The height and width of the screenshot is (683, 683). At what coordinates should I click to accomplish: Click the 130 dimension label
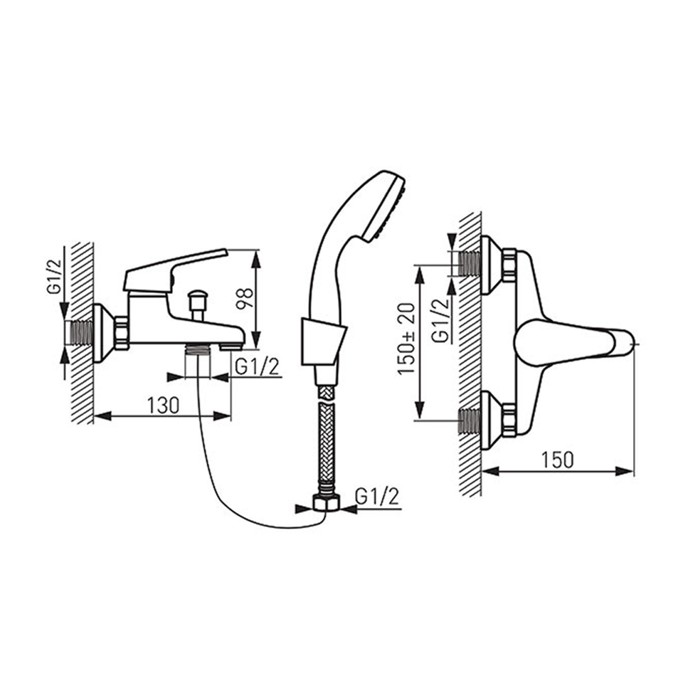(x=164, y=406)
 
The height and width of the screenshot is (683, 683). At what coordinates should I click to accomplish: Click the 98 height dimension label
(x=244, y=298)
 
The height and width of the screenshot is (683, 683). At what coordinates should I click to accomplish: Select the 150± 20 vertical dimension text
(x=406, y=339)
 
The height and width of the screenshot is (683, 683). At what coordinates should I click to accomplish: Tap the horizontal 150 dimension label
(x=558, y=460)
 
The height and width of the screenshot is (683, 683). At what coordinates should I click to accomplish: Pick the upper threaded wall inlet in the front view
(x=470, y=264)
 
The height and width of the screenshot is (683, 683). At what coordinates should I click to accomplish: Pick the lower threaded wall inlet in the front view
(x=470, y=420)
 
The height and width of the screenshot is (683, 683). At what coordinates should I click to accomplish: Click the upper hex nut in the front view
(x=509, y=265)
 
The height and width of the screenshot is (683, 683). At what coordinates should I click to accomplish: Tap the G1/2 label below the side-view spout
(x=257, y=367)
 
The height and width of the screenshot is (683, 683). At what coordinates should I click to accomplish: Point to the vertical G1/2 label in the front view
(x=440, y=321)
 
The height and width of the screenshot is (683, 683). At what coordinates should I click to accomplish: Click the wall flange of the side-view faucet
(x=103, y=333)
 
